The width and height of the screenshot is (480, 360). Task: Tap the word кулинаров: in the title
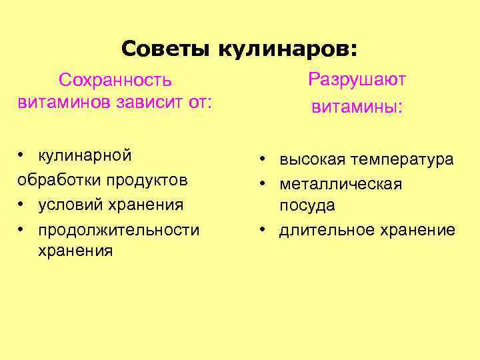pyautogui.click(x=287, y=49)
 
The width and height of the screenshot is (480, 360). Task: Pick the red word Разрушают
pyautogui.click(x=357, y=80)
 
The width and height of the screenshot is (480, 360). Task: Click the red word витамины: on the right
pyautogui.click(x=357, y=107)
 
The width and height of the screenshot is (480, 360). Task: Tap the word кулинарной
pyautogui.click(x=85, y=155)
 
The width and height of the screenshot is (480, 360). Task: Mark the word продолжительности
pyautogui.click(x=119, y=230)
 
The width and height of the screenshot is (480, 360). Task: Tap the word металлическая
pyautogui.click(x=341, y=183)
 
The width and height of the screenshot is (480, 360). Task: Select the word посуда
pyautogui.click(x=307, y=205)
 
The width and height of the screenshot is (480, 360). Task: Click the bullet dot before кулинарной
pyautogui.click(x=22, y=155)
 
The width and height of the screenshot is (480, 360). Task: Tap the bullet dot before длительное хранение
pyautogui.click(x=264, y=230)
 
